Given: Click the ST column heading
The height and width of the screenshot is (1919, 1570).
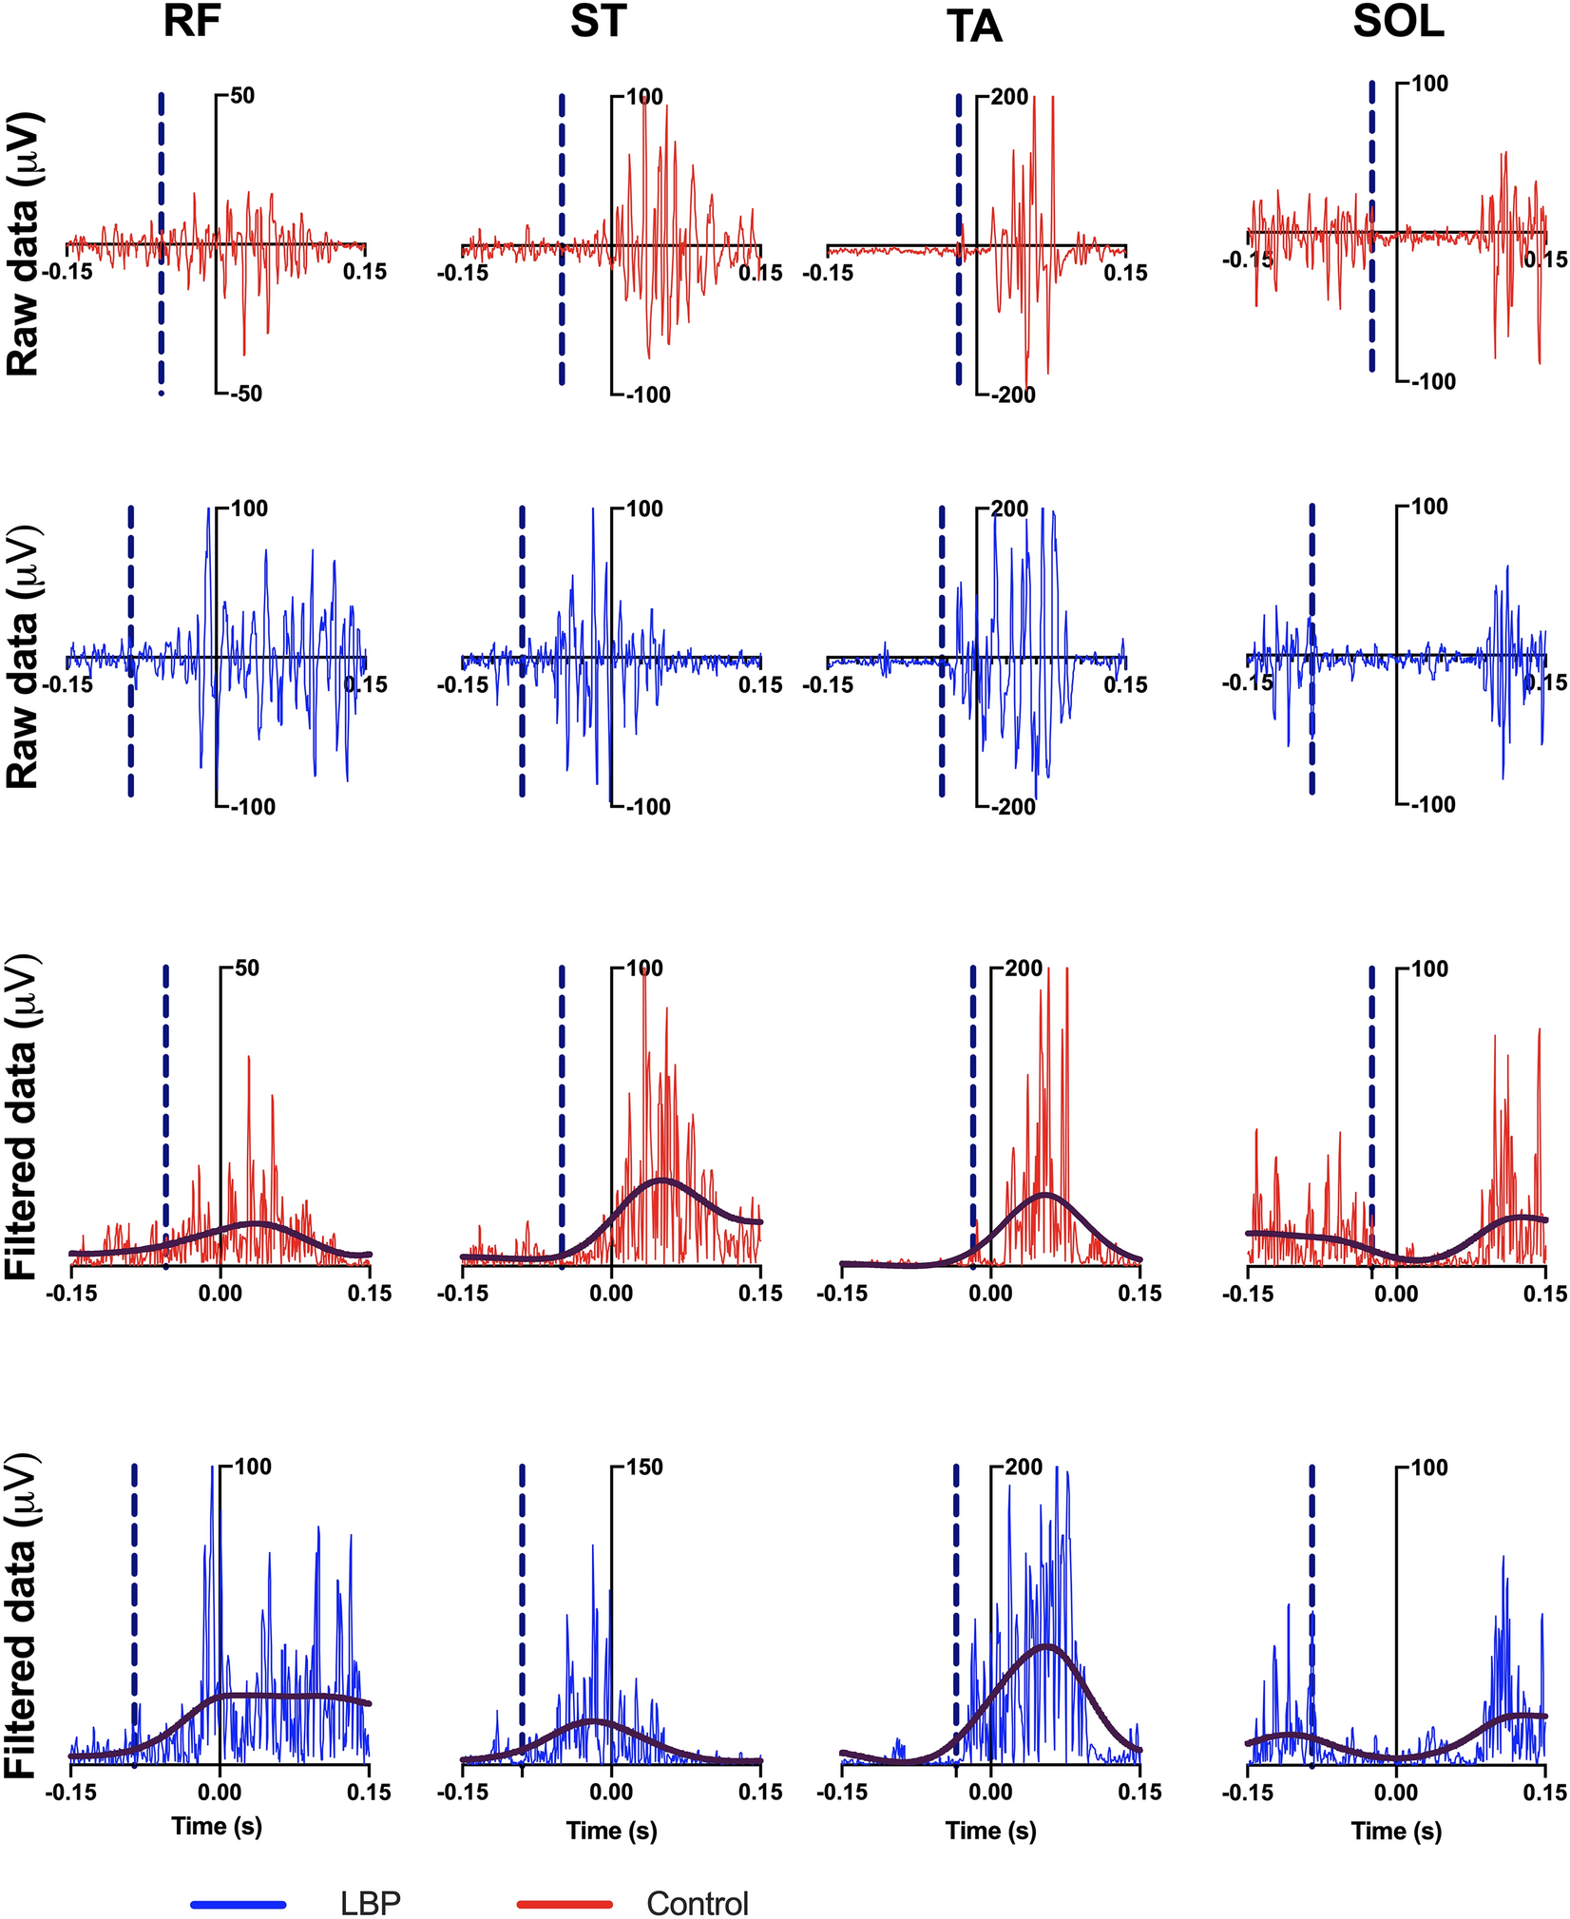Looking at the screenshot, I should [598, 23].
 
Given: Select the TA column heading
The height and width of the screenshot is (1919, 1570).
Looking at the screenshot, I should [975, 29].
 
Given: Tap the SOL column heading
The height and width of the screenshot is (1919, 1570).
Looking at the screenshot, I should [1398, 23].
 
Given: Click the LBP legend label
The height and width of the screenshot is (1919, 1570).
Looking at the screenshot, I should [371, 1877].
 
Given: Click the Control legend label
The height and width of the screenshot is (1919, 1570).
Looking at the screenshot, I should [698, 1877].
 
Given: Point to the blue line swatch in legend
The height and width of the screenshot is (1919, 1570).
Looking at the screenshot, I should [239, 1877].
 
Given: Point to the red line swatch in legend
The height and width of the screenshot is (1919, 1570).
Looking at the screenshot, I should [565, 1877].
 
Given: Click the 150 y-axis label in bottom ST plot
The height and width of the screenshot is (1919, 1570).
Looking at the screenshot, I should [645, 1468].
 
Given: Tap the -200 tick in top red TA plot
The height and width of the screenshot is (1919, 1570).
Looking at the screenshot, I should [1013, 394].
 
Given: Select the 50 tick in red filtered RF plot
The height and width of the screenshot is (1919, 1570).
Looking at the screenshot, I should [246, 969].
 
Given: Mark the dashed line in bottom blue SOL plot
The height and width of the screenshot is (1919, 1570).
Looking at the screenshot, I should [1312, 1616].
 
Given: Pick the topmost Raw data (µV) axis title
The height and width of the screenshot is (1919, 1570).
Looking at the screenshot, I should [23, 244].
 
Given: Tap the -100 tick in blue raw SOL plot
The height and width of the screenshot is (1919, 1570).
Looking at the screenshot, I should [1432, 805].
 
